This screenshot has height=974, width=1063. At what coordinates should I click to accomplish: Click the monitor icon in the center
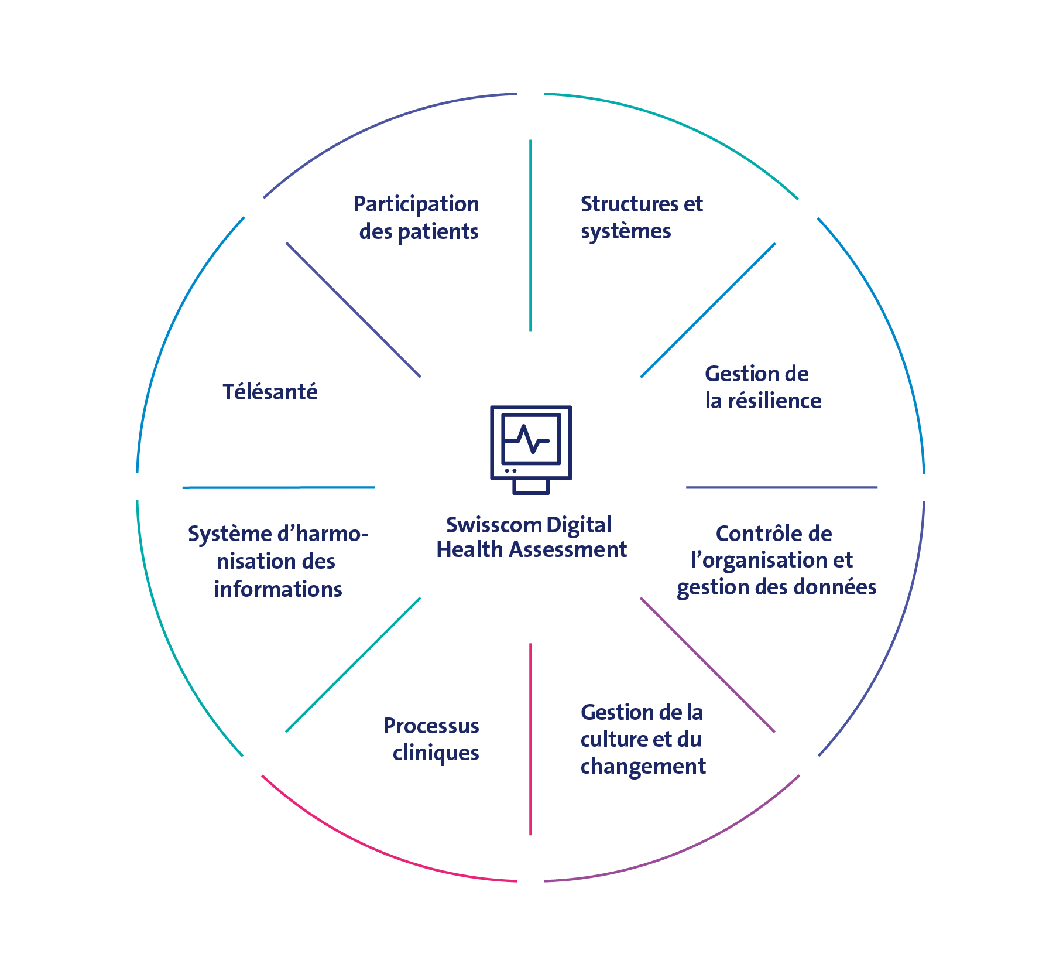click(x=531, y=449)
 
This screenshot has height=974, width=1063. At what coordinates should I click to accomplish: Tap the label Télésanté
click(x=270, y=392)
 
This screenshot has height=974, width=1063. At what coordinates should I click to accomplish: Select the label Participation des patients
click(x=417, y=218)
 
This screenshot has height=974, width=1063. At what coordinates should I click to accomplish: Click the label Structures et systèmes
click(x=641, y=218)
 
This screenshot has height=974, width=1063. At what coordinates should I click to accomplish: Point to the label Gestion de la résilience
click(x=763, y=387)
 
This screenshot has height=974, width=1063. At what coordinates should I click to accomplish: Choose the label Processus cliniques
click(x=432, y=739)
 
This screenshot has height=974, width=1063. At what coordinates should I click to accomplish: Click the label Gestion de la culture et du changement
click(x=643, y=739)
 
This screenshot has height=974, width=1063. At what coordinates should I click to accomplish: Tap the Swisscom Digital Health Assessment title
click(x=531, y=537)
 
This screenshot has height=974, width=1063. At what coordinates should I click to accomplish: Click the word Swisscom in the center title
click(x=493, y=525)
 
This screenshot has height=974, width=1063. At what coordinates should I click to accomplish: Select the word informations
click(x=278, y=589)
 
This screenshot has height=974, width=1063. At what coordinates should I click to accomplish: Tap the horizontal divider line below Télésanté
click(x=279, y=487)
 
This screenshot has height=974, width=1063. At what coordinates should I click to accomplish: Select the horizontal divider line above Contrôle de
click(x=781, y=487)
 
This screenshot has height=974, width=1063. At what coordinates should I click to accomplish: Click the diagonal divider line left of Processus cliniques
click(x=353, y=665)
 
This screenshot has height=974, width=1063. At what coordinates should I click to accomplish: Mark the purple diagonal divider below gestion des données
click(x=708, y=665)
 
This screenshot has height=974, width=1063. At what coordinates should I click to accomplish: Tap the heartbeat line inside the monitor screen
click(x=531, y=440)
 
